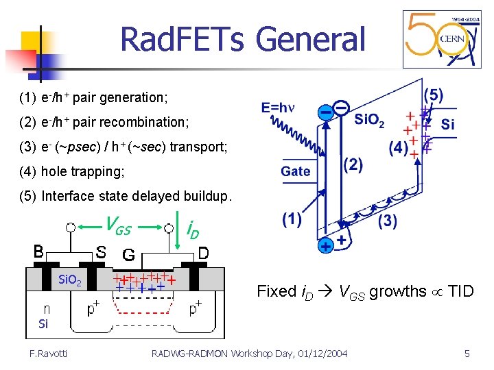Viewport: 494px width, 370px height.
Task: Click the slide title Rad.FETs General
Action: (243, 40)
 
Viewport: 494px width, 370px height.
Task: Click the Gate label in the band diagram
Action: (295, 171)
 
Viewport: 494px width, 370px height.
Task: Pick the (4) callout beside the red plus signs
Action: (399, 147)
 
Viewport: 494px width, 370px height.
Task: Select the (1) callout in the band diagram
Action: (291, 219)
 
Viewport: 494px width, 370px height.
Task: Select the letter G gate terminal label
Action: (128, 255)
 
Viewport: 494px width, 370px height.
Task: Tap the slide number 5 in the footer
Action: (467, 354)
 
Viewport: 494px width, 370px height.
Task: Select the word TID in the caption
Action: (460, 291)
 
